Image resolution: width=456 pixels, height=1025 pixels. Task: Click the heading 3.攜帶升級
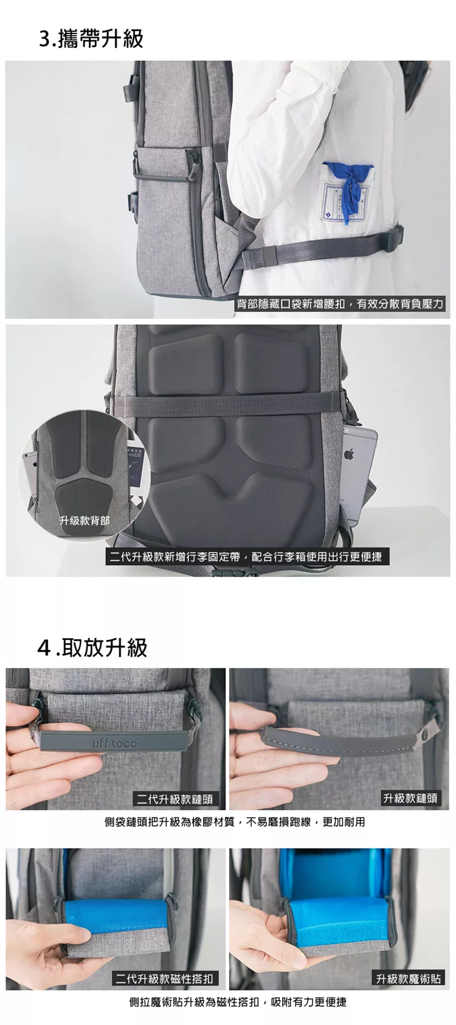click(91, 38)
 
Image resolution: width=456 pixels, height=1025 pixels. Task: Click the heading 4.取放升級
click(92, 647)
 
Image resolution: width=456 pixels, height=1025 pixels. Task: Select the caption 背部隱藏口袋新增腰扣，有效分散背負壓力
click(340, 304)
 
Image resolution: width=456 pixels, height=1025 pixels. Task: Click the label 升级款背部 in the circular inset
click(84, 520)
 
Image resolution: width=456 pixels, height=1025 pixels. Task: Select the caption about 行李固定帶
click(247, 557)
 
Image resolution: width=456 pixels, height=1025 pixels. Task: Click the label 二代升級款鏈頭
click(174, 799)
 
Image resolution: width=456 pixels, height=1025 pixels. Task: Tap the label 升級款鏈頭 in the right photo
click(410, 798)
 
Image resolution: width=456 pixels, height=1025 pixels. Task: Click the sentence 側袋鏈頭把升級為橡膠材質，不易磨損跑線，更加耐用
click(235, 822)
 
